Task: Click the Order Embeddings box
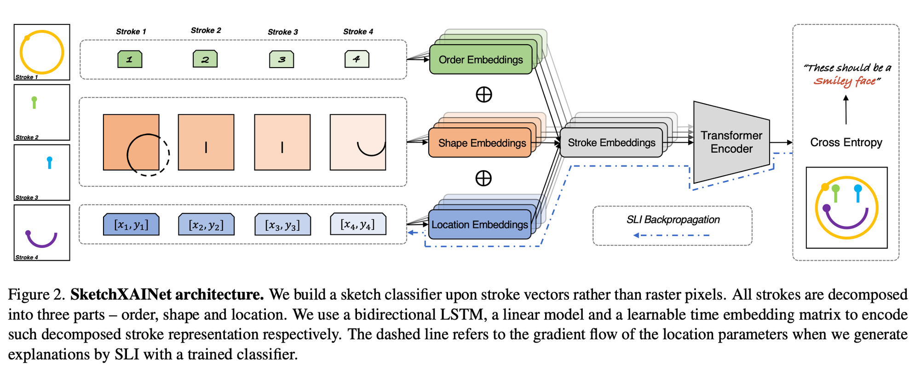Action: click(x=480, y=60)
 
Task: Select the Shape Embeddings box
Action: click(x=480, y=143)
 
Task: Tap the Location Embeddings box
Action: click(x=479, y=224)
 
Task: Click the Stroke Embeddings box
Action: click(x=611, y=143)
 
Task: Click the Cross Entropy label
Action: click(x=846, y=143)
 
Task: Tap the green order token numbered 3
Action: click(x=282, y=59)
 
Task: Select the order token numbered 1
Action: click(x=130, y=59)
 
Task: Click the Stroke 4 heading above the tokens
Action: click(x=358, y=32)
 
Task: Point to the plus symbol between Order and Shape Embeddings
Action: click(x=483, y=94)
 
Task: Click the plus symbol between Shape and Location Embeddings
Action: click(x=483, y=178)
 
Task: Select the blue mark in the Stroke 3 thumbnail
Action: click(x=50, y=162)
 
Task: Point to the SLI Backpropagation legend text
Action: click(x=673, y=220)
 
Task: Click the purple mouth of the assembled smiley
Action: click(x=846, y=224)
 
